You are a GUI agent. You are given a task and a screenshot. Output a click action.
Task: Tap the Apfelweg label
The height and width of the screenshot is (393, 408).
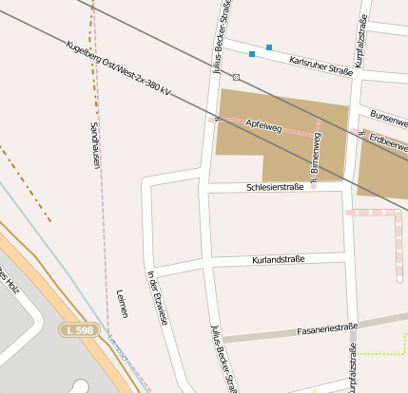click(263, 126)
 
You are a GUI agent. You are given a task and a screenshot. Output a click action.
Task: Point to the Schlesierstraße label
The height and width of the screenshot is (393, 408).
click(275, 187)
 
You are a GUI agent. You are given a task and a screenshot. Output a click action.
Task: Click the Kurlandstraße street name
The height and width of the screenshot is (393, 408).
click(279, 259)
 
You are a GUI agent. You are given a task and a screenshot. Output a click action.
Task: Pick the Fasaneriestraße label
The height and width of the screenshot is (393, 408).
click(325, 328)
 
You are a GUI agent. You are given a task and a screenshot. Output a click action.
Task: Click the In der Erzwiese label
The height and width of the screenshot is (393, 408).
click(158, 298)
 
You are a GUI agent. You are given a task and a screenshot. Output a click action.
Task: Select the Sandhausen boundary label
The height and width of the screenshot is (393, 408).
click(95, 146)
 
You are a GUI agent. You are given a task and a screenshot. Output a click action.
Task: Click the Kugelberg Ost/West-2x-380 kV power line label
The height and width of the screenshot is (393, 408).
click(119, 70)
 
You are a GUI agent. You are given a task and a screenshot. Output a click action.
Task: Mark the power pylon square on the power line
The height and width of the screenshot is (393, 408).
click(236, 77)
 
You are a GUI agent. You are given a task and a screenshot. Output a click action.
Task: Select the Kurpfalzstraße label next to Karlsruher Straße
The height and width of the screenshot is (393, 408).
click(360, 39)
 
